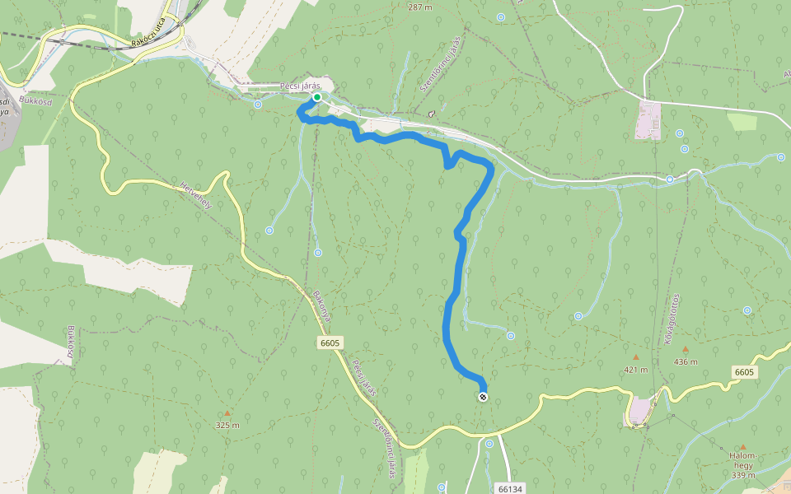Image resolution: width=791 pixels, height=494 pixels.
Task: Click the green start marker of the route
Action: (x=316, y=97)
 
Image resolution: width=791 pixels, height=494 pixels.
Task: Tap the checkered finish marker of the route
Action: (x=483, y=397)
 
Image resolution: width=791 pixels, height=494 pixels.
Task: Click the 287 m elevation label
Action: (x=419, y=7)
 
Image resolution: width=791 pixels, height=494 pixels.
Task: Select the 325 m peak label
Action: (x=227, y=425)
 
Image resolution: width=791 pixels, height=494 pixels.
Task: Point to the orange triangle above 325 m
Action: (x=227, y=413)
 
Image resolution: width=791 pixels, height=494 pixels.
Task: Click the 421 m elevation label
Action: (x=635, y=369)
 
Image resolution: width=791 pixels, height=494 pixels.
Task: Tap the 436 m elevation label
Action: (x=686, y=361)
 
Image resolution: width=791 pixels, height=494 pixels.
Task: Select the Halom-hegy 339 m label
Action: (x=742, y=464)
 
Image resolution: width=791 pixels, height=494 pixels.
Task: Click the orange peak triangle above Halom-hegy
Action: (x=742, y=446)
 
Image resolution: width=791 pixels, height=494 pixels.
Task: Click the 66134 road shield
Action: (x=510, y=488)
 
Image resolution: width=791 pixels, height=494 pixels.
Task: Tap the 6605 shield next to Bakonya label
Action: (x=330, y=343)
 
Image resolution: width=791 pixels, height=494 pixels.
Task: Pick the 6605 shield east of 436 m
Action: (x=744, y=372)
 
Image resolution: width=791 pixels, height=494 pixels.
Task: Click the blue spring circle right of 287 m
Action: (x=501, y=16)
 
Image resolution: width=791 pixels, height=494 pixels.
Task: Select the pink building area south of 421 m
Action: (x=640, y=410)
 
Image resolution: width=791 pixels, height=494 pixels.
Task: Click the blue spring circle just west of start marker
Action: (x=259, y=105)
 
